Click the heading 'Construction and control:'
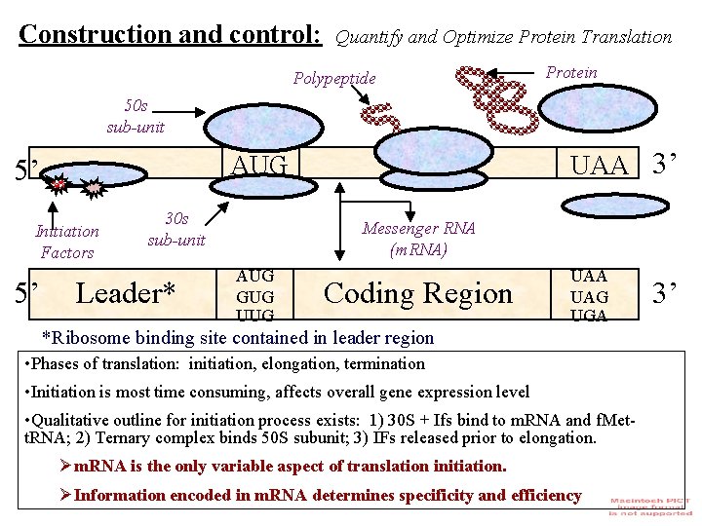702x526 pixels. [170, 34]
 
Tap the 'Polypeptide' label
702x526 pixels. [334, 78]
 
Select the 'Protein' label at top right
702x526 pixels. [571, 72]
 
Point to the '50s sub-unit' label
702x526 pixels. [136, 117]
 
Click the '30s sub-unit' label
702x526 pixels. [176, 229]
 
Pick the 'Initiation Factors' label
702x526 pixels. [67, 242]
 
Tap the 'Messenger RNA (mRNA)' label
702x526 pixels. [418, 239]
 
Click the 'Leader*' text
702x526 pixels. [126, 292]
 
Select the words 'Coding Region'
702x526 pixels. [417, 293]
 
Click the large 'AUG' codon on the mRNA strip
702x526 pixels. [259, 165]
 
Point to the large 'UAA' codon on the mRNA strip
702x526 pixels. [600, 166]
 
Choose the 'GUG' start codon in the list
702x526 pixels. [255, 296]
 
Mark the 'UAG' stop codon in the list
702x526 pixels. [589, 296]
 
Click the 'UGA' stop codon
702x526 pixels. [589, 316]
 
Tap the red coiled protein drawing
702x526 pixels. [496, 97]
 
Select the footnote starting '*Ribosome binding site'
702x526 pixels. [237, 338]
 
